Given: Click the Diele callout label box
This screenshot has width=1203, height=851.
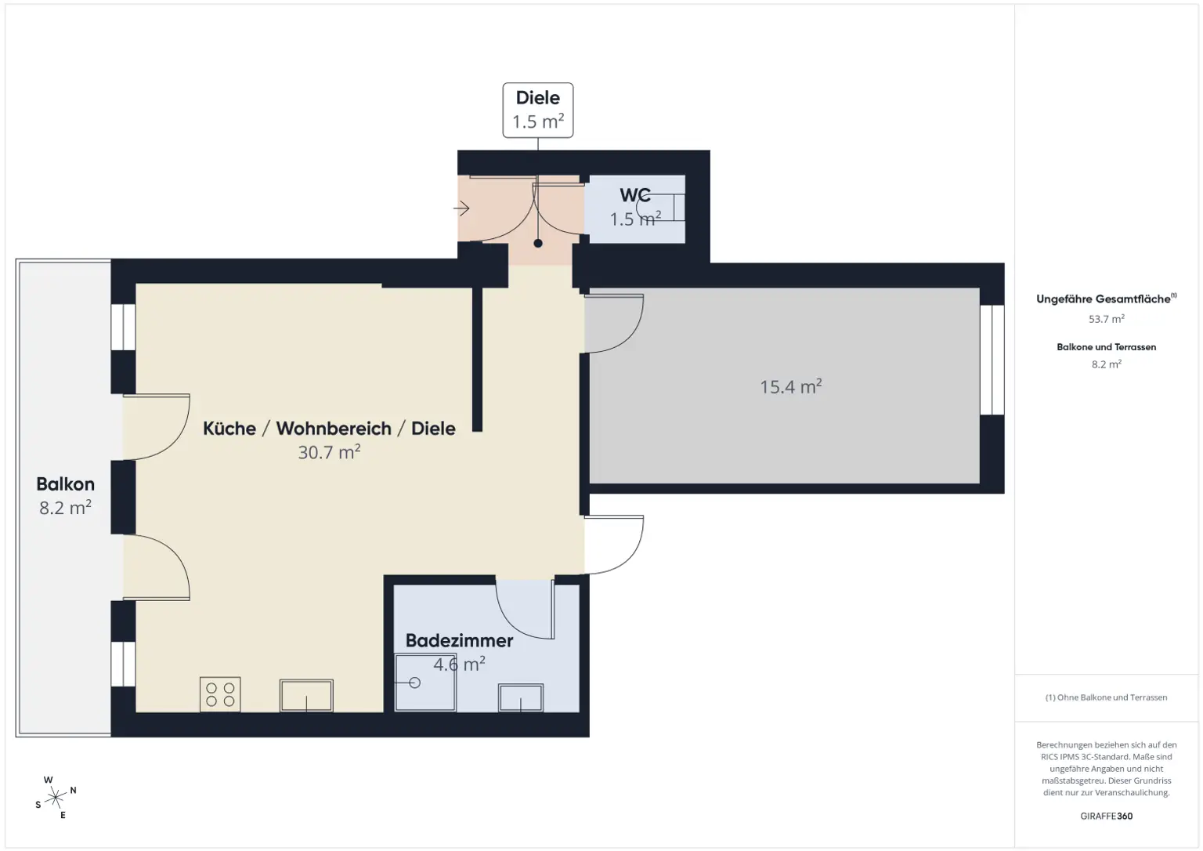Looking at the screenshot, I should coord(537,110).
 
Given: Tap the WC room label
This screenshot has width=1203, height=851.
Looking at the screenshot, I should coord(634,195).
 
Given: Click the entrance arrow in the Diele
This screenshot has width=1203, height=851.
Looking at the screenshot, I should coord(461,208).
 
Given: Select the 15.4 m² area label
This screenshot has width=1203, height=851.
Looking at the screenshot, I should coord(790,386).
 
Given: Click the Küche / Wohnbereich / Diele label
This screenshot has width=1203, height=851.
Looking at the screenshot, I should coord(329,428).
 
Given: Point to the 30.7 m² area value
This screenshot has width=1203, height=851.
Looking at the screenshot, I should coord(329,452).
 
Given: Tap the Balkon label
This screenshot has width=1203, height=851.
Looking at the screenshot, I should coord(65,483).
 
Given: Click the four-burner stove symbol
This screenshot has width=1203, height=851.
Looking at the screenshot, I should coord(220,694).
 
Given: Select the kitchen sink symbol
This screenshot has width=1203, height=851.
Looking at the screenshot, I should coord(306,695).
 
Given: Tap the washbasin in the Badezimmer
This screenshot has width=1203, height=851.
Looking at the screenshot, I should coord(521,697).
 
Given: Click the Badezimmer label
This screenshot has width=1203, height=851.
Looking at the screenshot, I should coord(459,640).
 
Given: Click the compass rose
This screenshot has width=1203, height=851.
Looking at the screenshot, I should coord(56,798).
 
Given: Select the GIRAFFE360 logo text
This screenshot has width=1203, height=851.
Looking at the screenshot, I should coord(1106,816).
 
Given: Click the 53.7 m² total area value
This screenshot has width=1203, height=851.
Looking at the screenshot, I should coord(1106,319).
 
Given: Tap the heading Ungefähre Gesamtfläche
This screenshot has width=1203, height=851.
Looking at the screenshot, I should coord(1104,299).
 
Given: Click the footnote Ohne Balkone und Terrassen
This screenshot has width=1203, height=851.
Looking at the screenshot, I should coord(1106,697).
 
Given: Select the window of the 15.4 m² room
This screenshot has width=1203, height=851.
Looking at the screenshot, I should coord(992,360).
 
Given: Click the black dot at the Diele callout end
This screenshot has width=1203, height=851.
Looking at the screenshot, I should coord(538,243).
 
